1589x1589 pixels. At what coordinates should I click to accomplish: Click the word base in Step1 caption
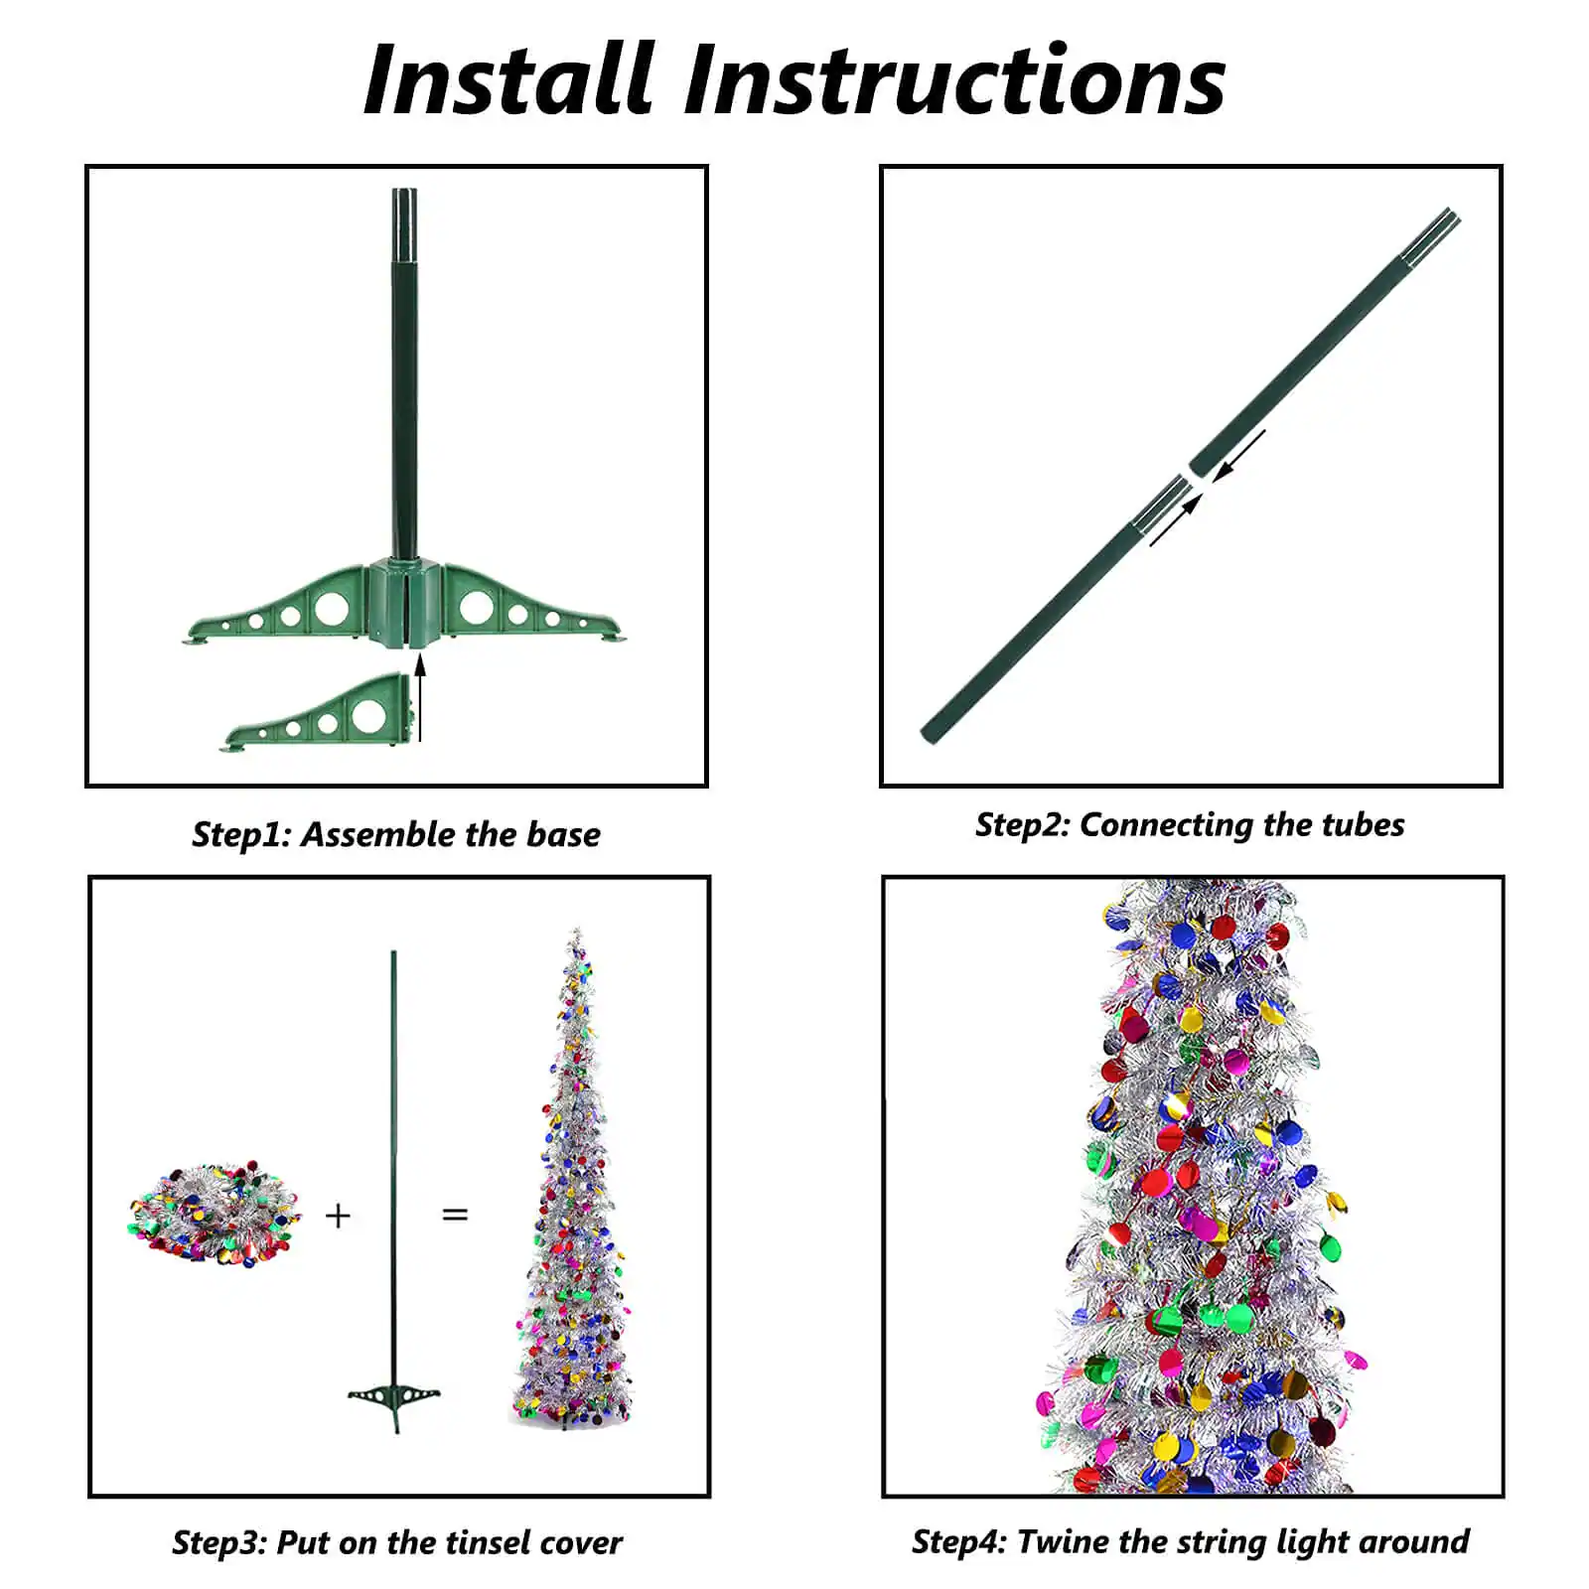pyautogui.click(x=563, y=834)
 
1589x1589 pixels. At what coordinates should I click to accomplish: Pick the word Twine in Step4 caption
pyautogui.click(x=1063, y=1541)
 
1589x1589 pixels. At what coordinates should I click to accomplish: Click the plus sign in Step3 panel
pyautogui.click(x=338, y=1216)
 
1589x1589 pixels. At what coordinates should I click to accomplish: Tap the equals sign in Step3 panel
pyautogui.click(x=455, y=1215)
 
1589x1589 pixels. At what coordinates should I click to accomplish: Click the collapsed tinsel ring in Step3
pyautogui.click(x=214, y=1214)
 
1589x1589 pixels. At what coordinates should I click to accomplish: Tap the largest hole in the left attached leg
pyautogui.click(x=332, y=608)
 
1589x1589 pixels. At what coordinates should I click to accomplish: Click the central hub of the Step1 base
pyautogui.click(x=404, y=603)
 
